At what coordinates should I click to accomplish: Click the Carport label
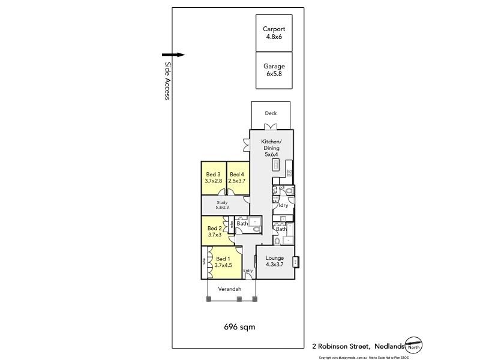(x=274, y=29)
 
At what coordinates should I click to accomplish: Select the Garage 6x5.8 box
(x=274, y=70)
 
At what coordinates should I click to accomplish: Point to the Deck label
(x=271, y=113)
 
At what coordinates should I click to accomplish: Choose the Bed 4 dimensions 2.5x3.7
(x=238, y=181)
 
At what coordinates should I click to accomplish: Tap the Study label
(x=222, y=202)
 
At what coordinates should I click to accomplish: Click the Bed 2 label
(x=215, y=228)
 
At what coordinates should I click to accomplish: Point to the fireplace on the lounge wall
(x=295, y=262)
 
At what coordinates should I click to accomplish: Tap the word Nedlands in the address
(x=389, y=346)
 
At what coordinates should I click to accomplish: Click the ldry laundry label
(x=283, y=205)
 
